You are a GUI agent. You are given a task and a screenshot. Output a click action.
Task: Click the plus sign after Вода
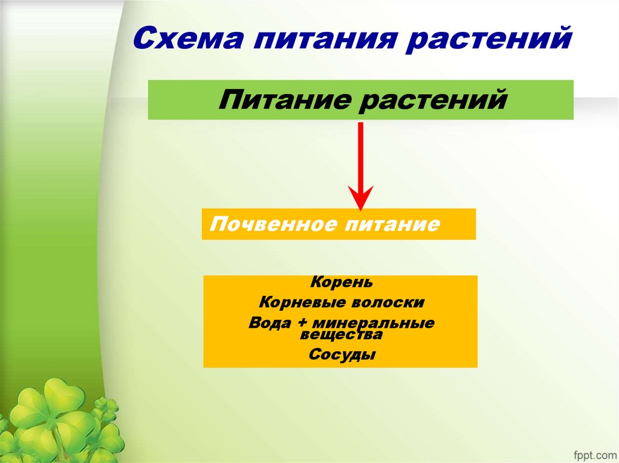[300, 324]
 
